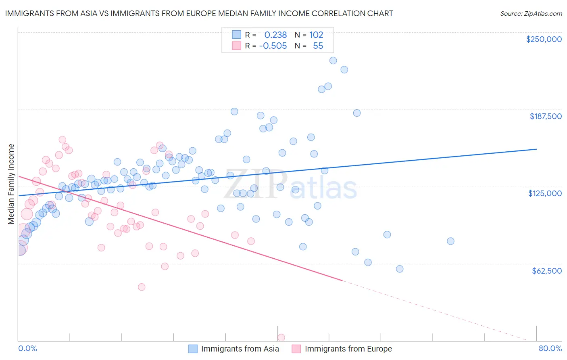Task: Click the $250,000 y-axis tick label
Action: (544, 39)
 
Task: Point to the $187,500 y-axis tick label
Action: (545, 116)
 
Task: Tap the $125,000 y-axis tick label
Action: (545, 193)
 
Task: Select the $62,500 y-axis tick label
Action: (546, 270)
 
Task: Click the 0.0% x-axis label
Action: (27, 348)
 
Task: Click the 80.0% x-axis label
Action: (550, 348)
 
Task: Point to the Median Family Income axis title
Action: (11, 184)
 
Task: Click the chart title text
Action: (199, 13)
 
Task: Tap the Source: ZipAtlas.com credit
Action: (531, 14)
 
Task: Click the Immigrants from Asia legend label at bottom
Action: (240, 349)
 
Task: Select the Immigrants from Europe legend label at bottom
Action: (348, 349)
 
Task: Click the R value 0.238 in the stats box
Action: (275, 35)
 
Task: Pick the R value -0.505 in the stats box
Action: (273, 46)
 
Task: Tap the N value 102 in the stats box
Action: (316, 35)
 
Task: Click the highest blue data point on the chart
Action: (333, 61)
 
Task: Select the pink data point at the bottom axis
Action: (281, 337)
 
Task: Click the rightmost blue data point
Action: (450, 241)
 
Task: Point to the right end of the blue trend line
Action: (536, 149)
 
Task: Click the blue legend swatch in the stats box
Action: (236, 35)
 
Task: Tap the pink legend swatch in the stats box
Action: (236, 46)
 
